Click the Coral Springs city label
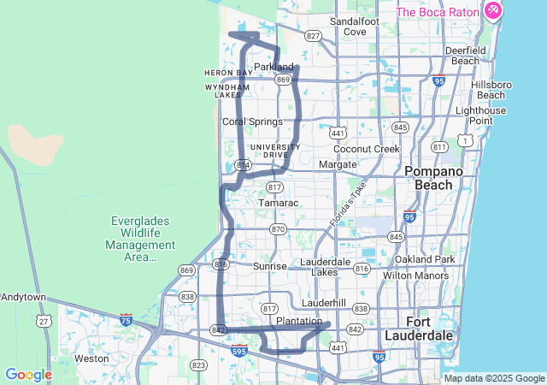(252, 121)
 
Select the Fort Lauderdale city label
(430, 328)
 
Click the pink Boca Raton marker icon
(492, 11)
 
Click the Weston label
(91, 358)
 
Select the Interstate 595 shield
(240, 350)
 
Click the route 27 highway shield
(43, 320)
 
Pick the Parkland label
(273, 67)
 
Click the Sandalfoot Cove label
(348, 26)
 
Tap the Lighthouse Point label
(486, 115)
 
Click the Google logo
(28, 375)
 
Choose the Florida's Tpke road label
(348, 205)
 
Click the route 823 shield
(199, 365)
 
